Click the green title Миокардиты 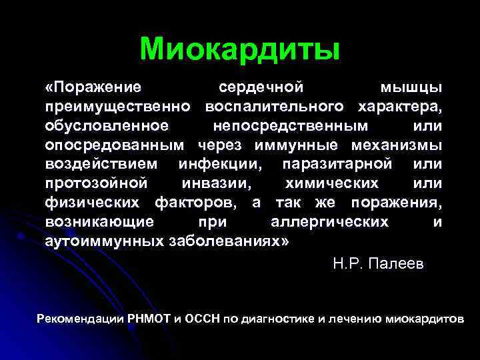pos(240,49)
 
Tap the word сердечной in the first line pos(261,88)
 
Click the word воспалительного pos(275,107)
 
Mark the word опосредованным pos(116,145)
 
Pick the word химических pos(331,183)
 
